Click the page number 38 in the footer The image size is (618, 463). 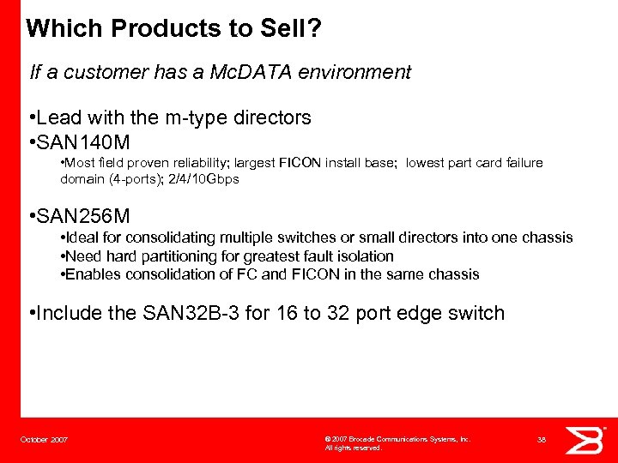(x=542, y=440)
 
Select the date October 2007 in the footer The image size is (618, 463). (x=45, y=440)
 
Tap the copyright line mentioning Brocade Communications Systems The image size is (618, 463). (x=397, y=439)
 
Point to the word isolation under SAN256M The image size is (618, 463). (x=366, y=256)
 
